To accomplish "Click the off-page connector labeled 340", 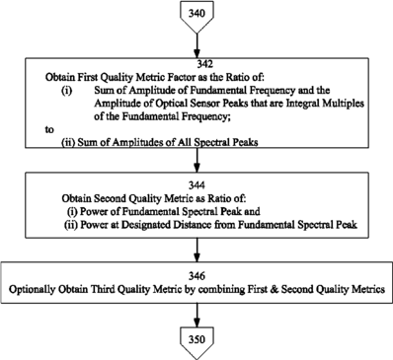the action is [196, 17].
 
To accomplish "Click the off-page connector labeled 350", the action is [196, 343].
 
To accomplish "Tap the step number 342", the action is [196, 64].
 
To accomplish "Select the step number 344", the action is [196, 185].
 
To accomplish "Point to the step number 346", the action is [196, 276].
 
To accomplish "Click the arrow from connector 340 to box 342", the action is [196, 45].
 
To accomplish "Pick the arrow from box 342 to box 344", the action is [196, 160].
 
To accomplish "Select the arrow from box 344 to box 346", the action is [196, 250].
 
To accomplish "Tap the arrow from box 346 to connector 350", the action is [196, 315].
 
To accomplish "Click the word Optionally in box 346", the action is [32, 289].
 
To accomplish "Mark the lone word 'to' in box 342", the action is [49, 130].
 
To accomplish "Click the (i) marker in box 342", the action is [66, 91].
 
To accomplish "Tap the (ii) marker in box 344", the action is [70, 225].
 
